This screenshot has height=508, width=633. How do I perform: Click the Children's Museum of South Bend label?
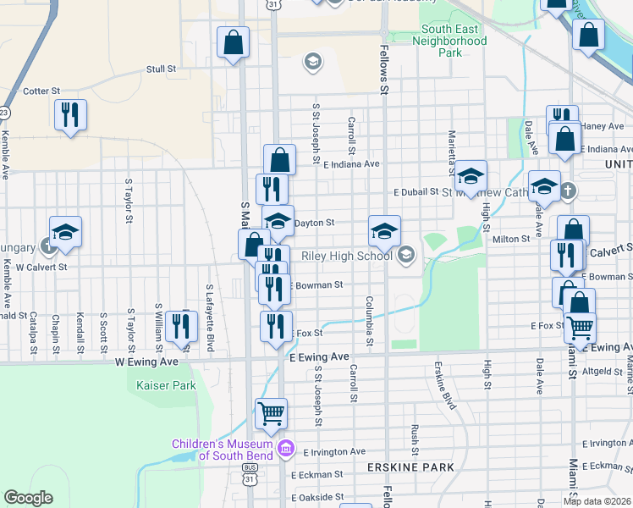point(223,450)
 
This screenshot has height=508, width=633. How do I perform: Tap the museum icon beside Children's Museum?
point(286,447)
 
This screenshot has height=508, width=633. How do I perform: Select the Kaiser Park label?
point(166,386)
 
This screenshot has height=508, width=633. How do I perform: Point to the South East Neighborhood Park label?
point(454,40)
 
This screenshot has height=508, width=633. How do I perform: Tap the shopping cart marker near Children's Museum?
point(271,414)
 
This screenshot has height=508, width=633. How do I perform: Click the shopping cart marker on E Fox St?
point(580,326)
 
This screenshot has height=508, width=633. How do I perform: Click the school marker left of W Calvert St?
point(65,233)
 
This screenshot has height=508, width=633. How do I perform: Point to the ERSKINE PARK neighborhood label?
point(410,467)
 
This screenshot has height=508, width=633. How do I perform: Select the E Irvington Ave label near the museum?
point(333,452)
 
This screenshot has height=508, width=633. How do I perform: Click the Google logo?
point(29,498)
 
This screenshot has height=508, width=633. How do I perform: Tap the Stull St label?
point(161,69)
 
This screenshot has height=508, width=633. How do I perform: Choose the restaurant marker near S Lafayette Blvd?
point(181,326)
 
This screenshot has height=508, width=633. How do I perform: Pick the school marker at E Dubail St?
point(471,175)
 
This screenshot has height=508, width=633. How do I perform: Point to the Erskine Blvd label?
point(443,386)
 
